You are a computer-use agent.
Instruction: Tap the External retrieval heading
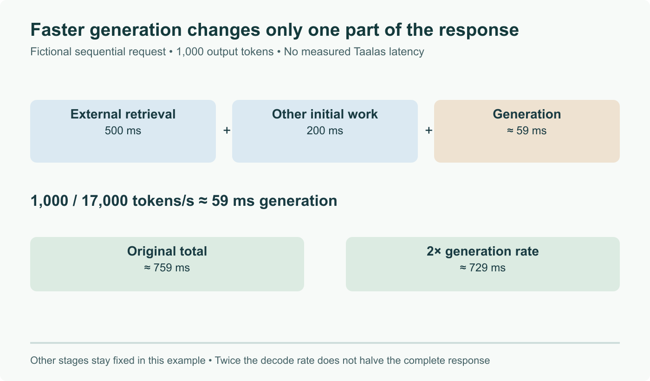tap(123, 114)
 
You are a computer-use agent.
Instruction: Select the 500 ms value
tap(123, 131)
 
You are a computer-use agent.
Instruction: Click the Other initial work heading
tap(325, 114)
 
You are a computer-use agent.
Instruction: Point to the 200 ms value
tap(325, 131)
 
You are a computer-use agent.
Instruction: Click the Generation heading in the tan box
tap(526, 114)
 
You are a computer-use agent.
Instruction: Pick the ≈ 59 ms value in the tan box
tap(526, 131)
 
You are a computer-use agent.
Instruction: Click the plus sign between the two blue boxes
tap(227, 131)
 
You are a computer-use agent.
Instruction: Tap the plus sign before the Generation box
tap(429, 131)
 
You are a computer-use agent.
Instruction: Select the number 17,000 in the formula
tap(104, 201)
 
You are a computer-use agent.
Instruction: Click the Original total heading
tap(167, 251)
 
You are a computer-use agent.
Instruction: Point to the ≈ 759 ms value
tap(167, 268)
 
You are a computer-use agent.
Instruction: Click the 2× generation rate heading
tap(482, 251)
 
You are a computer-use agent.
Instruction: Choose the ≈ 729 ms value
tap(482, 268)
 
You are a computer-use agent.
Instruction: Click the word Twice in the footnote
tap(227, 361)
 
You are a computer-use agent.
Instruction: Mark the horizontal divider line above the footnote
tap(325, 343)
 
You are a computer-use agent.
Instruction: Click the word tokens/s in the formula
tap(163, 201)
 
